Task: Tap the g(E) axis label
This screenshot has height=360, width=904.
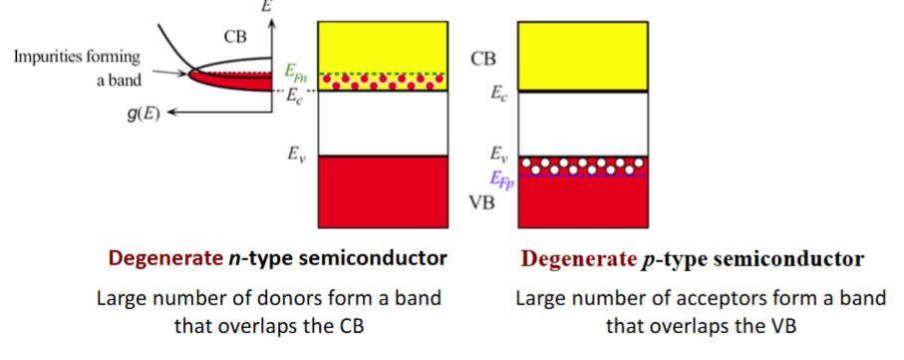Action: click(x=148, y=114)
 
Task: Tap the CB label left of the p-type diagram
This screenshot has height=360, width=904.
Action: click(x=483, y=59)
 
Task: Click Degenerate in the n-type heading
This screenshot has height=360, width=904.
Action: click(x=159, y=259)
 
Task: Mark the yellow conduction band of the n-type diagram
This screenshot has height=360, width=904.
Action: click(x=382, y=45)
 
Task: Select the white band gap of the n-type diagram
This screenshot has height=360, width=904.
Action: click(x=382, y=124)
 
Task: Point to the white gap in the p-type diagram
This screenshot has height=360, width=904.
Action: click(x=583, y=124)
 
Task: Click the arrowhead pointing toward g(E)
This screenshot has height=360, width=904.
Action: click(x=175, y=114)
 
